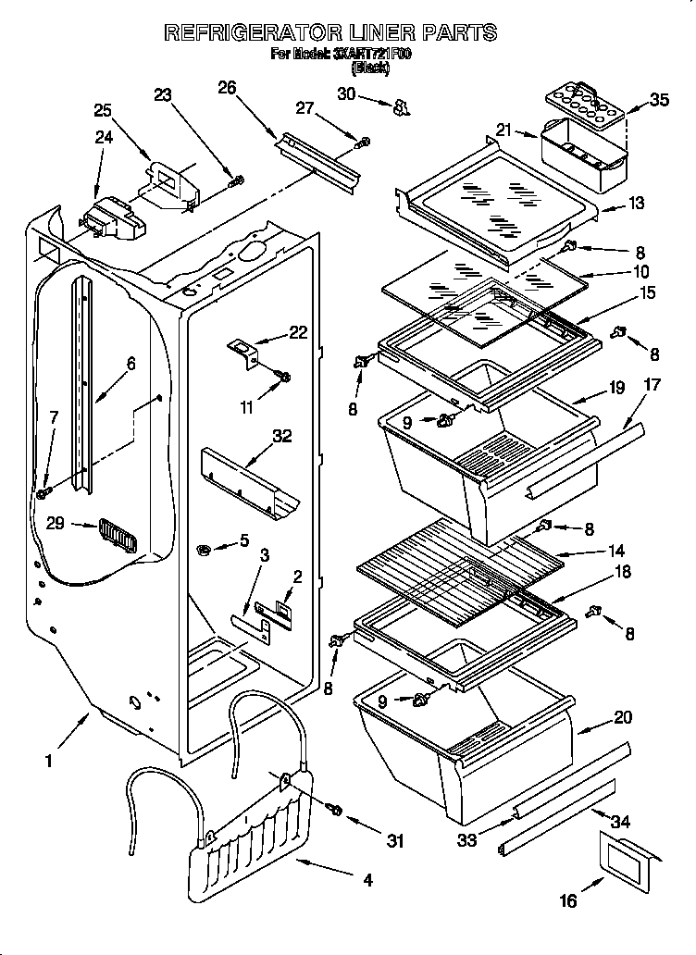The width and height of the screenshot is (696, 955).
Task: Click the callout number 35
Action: point(659,100)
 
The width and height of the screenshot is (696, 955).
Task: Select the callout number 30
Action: point(346,93)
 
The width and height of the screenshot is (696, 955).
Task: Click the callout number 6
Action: point(130,364)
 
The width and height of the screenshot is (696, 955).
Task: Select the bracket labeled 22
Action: point(243,349)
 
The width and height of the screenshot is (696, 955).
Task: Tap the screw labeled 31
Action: point(334,811)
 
